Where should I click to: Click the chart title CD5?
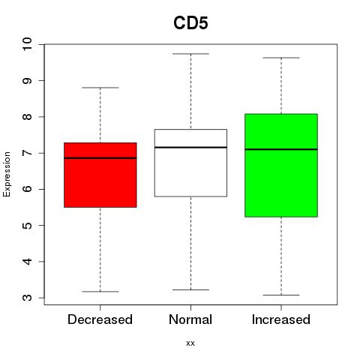[190, 23]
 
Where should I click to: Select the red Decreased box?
[100, 175]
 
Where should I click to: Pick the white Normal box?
[190, 163]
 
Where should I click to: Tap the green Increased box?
[281, 165]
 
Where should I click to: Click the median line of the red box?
[100, 158]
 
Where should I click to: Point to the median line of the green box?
[281, 149]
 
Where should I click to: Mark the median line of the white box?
[190, 147]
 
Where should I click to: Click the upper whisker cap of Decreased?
[100, 88]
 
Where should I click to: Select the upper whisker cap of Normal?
[190, 54]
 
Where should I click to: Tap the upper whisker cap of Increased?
[281, 58]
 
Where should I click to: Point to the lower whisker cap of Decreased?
[100, 292]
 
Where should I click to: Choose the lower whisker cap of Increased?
[281, 295]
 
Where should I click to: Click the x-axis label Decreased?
[100, 319]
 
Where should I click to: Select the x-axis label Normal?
[190, 319]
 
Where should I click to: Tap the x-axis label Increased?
[281, 319]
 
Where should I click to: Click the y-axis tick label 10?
[28, 44]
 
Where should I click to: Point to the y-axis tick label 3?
[28, 298]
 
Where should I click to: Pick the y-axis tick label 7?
[28, 153]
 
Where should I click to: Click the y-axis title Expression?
[7, 174]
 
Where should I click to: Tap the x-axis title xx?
[190, 343]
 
